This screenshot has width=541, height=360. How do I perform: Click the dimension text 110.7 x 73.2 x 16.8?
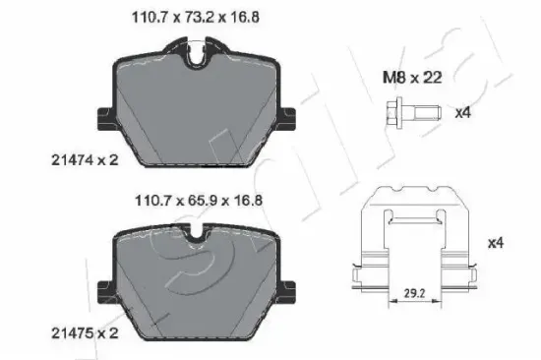pyautogui.click(x=196, y=18)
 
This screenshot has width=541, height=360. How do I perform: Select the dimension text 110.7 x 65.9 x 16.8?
pyautogui.click(x=199, y=201)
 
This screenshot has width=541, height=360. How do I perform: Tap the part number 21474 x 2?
pyautogui.click(x=85, y=160)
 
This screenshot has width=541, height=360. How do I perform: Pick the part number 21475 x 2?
pyautogui.click(x=85, y=333)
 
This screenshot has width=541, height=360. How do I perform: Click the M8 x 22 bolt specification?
pyautogui.click(x=412, y=78)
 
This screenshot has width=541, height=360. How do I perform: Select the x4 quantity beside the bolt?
pyautogui.click(x=462, y=113)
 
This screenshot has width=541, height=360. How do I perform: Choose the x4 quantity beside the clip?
pyautogui.click(x=496, y=243)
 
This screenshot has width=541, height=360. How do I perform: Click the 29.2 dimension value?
pyautogui.click(x=414, y=293)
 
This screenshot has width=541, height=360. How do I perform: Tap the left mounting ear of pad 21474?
pyautogui.click(x=105, y=119)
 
